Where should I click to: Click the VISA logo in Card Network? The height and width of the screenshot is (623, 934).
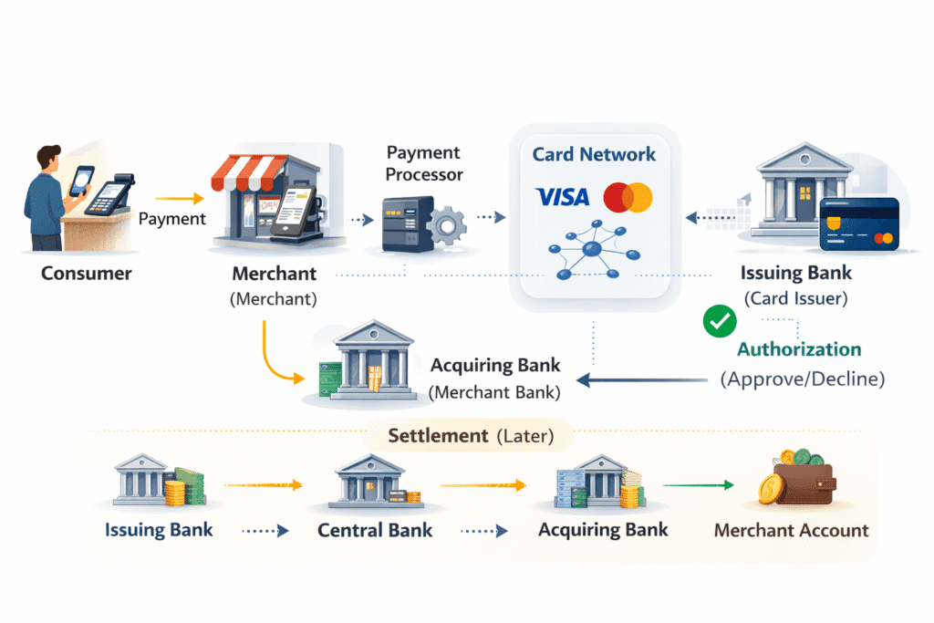[563, 196]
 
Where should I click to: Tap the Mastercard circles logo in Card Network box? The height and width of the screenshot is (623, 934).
[628, 196]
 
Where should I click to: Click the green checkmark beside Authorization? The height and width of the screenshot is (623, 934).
[720, 321]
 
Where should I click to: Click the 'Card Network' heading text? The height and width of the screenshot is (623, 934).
[594, 154]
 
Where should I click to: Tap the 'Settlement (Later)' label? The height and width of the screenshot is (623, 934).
[471, 436]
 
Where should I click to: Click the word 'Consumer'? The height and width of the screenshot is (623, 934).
[87, 273]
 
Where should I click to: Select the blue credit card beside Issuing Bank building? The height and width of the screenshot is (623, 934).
[858, 223]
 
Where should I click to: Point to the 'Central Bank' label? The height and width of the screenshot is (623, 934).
[375, 530]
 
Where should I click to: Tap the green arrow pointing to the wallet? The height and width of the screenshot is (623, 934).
[698, 485]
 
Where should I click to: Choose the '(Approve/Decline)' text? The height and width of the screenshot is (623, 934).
[803, 379]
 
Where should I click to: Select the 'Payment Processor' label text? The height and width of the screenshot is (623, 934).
[423, 162]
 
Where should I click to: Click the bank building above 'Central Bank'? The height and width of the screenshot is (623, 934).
[369, 481]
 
